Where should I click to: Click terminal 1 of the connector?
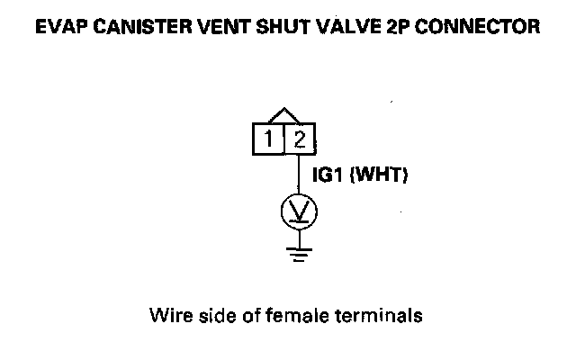coord(268,139)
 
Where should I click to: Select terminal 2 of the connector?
coord(301,139)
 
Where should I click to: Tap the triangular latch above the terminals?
coord(284,117)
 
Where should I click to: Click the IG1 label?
coord(327,176)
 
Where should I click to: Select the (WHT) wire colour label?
coord(379,176)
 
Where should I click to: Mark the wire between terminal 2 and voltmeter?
coord(300,175)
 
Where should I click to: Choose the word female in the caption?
coord(283,316)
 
